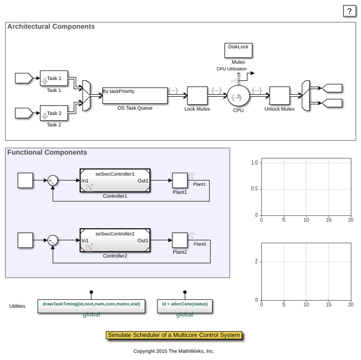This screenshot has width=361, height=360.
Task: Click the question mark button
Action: coord(350,11)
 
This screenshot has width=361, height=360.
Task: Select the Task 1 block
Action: coord(54,78)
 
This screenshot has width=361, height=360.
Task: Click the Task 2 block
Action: coord(54,113)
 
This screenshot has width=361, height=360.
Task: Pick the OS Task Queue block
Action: coord(135,96)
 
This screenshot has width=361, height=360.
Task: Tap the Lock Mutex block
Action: coord(197,96)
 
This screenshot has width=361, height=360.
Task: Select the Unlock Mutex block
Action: coord(279,96)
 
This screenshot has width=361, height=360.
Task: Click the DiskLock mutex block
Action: coord(238,50)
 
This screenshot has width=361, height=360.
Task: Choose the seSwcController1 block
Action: coord(115,180)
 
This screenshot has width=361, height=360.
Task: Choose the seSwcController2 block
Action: coord(115,240)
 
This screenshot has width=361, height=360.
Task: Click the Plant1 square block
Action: coord(180,180)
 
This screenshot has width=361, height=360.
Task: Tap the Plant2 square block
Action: coord(180,240)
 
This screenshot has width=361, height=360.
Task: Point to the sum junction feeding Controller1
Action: coord(53,181)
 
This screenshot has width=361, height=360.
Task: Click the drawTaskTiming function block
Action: coord(91,306)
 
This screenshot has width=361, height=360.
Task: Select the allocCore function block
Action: coord(184,306)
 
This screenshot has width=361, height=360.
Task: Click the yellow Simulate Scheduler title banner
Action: coord(174,335)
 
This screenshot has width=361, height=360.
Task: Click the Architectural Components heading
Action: coord(51,27)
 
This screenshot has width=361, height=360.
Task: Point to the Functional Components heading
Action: coord(47,153)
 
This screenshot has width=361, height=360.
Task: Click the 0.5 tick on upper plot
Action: coord(254,189)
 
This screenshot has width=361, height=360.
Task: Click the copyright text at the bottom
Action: coord(174,351)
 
